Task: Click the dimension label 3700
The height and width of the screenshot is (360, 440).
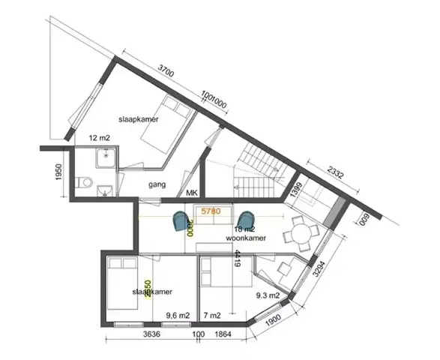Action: click(166, 73)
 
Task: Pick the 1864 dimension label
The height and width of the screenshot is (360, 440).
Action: click(223, 334)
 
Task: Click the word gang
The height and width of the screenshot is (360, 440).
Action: click(156, 184)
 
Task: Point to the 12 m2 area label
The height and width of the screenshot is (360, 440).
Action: click(99, 139)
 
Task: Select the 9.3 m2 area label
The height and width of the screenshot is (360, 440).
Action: click(268, 295)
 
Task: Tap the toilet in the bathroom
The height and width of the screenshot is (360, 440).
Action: click(87, 182)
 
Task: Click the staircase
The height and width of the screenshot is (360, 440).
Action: click(253, 169)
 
